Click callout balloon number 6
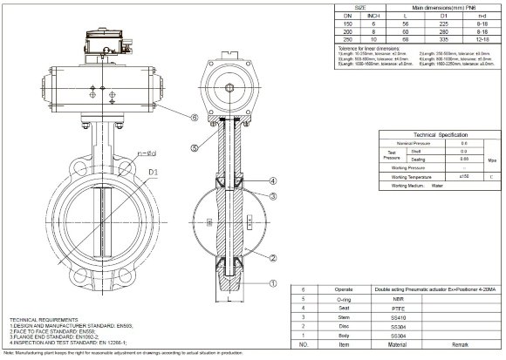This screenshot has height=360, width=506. pos(194,117)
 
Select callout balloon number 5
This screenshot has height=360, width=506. pos(197,148)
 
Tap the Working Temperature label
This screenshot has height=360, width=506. pos(412,176)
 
